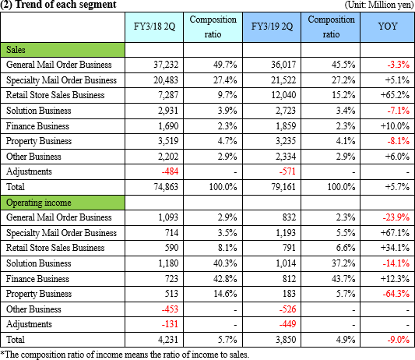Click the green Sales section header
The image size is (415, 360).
(63, 50)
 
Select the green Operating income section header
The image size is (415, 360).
(63, 203)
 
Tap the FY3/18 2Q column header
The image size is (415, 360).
(154, 26)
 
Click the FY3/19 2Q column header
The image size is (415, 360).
(272, 26)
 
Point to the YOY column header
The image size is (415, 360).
(387, 26)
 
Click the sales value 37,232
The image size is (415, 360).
(166, 65)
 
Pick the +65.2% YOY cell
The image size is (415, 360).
(395, 95)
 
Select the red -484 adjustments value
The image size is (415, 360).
(170, 171)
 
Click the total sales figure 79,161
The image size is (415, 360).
(283, 187)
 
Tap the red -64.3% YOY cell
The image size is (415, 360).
(396, 294)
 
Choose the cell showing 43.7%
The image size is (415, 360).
(343, 279)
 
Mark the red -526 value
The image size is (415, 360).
(287, 309)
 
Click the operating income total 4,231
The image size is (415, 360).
(168, 340)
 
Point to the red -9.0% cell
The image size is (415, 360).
(399, 340)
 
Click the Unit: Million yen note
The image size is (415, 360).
(379, 5)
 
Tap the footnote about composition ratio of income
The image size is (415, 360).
(125, 355)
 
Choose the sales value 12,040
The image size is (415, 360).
(283, 95)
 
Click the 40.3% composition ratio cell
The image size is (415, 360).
(225, 263)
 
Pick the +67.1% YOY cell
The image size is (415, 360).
(395, 233)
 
